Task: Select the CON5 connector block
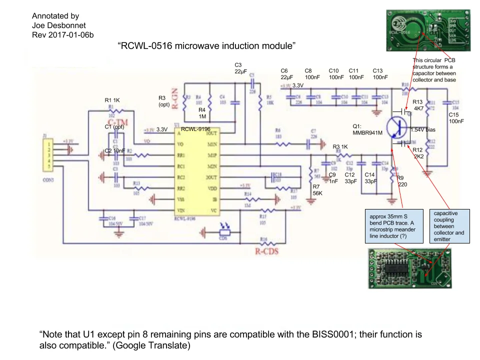48,152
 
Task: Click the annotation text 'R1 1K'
112,100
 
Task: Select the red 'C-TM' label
115,121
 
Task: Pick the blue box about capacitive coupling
449,226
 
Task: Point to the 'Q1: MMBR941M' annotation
368,129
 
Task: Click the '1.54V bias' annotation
423,130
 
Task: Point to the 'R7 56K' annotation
317,189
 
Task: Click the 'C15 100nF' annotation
455,118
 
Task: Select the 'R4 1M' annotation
202,113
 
